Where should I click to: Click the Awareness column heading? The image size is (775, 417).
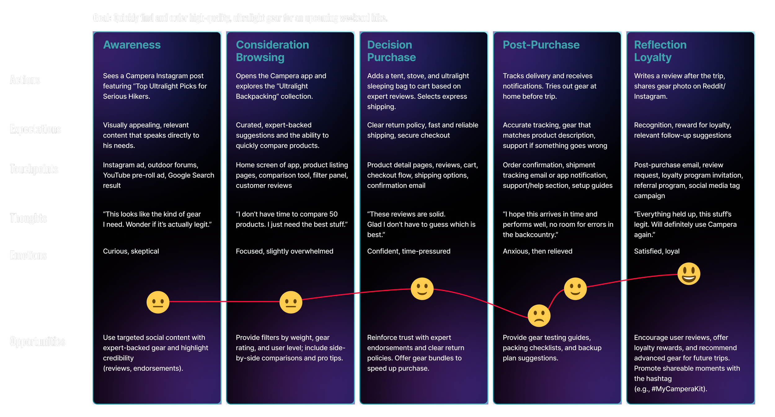(x=132, y=45)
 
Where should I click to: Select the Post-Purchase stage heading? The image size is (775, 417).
(x=541, y=45)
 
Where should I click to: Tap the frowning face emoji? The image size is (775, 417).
(x=539, y=316)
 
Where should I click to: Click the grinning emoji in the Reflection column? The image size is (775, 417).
(x=689, y=274)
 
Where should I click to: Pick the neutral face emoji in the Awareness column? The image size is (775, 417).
(x=158, y=302)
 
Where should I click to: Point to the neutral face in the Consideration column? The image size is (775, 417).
(x=290, y=302)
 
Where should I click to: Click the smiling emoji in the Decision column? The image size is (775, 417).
(x=422, y=289)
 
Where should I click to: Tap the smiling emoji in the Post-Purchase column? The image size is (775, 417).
(x=575, y=289)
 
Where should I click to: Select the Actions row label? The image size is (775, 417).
(x=25, y=80)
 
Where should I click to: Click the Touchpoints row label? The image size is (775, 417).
(x=34, y=169)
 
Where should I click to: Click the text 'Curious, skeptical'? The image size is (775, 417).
(x=131, y=251)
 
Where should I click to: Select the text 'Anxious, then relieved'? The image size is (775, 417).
(x=537, y=251)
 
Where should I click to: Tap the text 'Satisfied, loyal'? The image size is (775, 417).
(x=657, y=251)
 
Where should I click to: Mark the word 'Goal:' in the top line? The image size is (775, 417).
(x=102, y=18)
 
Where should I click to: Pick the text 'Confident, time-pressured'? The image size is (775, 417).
(x=409, y=251)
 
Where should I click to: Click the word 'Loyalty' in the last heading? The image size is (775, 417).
(x=653, y=58)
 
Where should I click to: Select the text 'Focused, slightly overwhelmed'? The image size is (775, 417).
(x=284, y=251)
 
